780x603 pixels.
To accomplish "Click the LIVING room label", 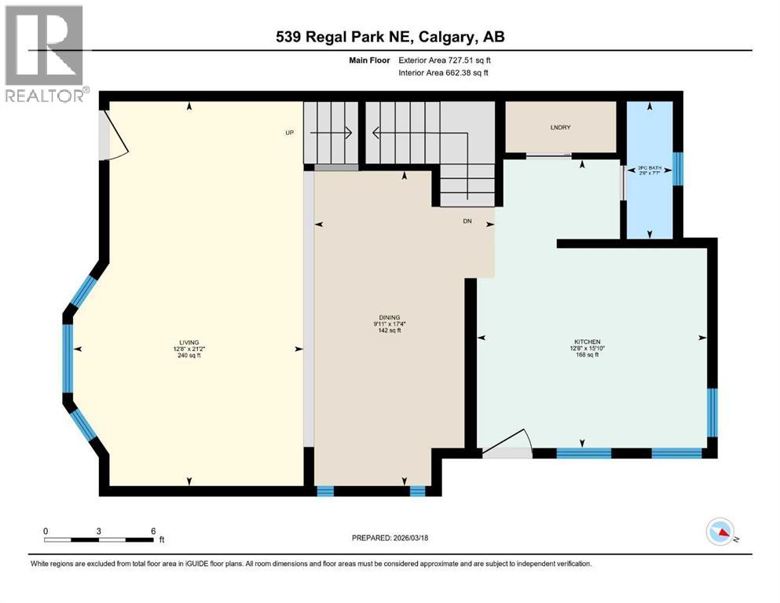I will click(x=189, y=342).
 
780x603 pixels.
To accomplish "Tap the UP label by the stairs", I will click(x=289, y=133).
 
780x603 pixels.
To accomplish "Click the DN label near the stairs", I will click(x=466, y=221).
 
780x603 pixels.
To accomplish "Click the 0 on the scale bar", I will click(x=46, y=531).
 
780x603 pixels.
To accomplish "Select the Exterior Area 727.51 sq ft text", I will click(x=444, y=60).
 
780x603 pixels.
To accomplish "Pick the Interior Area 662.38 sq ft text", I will click(x=444, y=72).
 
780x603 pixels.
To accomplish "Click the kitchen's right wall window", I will click(x=712, y=412).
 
